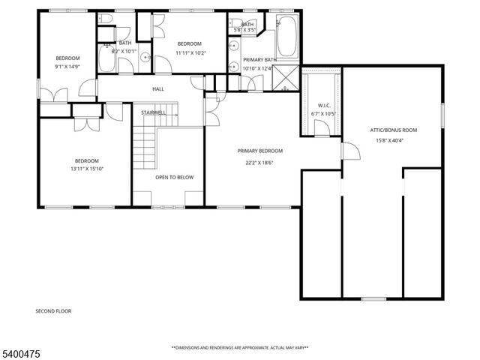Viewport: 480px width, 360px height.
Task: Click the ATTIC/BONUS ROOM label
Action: click(x=394, y=130)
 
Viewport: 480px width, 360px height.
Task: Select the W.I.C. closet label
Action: click(x=324, y=104)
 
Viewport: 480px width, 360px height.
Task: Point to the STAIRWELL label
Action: click(x=154, y=112)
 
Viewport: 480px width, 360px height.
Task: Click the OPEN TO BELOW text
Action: click(x=174, y=178)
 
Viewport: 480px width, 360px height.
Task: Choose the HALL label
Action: click(x=158, y=89)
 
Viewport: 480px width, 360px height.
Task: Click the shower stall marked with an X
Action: click(x=285, y=77)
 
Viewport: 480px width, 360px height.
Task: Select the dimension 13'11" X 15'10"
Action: click(x=86, y=169)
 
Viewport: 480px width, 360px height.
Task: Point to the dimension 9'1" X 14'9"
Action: click(x=67, y=67)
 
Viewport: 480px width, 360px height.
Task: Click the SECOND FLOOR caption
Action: click(x=53, y=310)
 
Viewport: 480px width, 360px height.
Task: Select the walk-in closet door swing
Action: click(x=320, y=128)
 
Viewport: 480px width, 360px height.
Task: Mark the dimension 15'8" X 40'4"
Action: click(x=394, y=140)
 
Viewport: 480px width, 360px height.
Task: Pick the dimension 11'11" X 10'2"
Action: click(x=189, y=53)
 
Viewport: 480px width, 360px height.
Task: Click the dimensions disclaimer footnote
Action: click(x=239, y=348)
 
